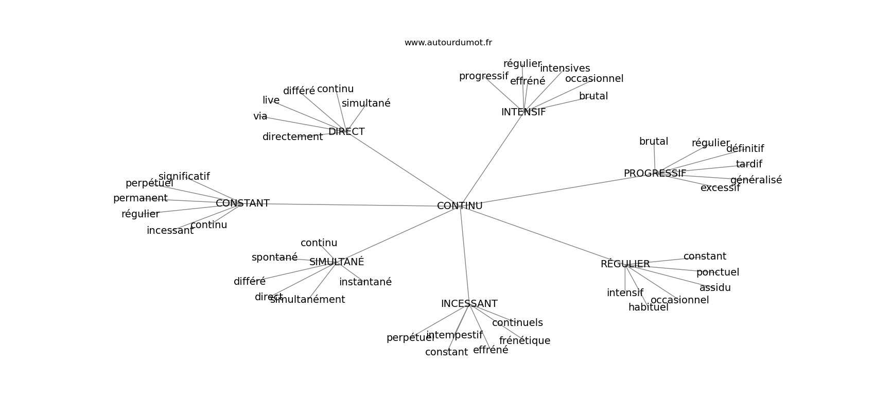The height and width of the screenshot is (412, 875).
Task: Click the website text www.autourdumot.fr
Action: pyautogui.click(x=448, y=43)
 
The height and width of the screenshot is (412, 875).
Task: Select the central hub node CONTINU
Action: pyautogui.click(x=460, y=206)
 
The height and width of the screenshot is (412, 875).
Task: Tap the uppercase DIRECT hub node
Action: pyautogui.click(x=346, y=132)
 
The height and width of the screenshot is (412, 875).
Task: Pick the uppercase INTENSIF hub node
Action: pyautogui.click(x=523, y=112)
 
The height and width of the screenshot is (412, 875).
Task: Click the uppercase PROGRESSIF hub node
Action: pyautogui.click(x=655, y=174)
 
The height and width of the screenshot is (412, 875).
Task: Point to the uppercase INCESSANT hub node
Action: pyautogui.click(x=469, y=304)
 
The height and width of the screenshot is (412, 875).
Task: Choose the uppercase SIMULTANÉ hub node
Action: pyautogui.click(x=337, y=262)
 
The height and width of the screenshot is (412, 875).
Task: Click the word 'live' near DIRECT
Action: pyautogui.click(x=271, y=100)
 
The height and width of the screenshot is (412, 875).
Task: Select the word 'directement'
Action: pyautogui.click(x=292, y=137)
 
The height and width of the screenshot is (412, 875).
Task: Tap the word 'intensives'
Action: pyautogui.click(x=565, y=68)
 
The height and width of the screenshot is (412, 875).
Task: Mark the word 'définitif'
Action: pyautogui.click(x=745, y=149)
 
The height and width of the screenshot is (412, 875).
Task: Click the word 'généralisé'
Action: pyautogui.click(x=756, y=180)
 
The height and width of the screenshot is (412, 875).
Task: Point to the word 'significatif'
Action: pyautogui.click(x=184, y=177)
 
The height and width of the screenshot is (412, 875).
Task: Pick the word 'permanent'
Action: pyautogui.click(x=140, y=198)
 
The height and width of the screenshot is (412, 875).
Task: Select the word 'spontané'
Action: pyautogui.click(x=274, y=257)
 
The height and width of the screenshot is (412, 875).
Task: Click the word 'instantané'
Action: pyautogui.click(x=365, y=282)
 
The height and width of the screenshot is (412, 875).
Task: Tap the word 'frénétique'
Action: pyautogui.click(x=524, y=341)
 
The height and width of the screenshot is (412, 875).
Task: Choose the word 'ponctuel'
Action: pyautogui.click(x=717, y=272)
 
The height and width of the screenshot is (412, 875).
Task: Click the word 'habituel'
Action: pyautogui.click(x=648, y=308)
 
